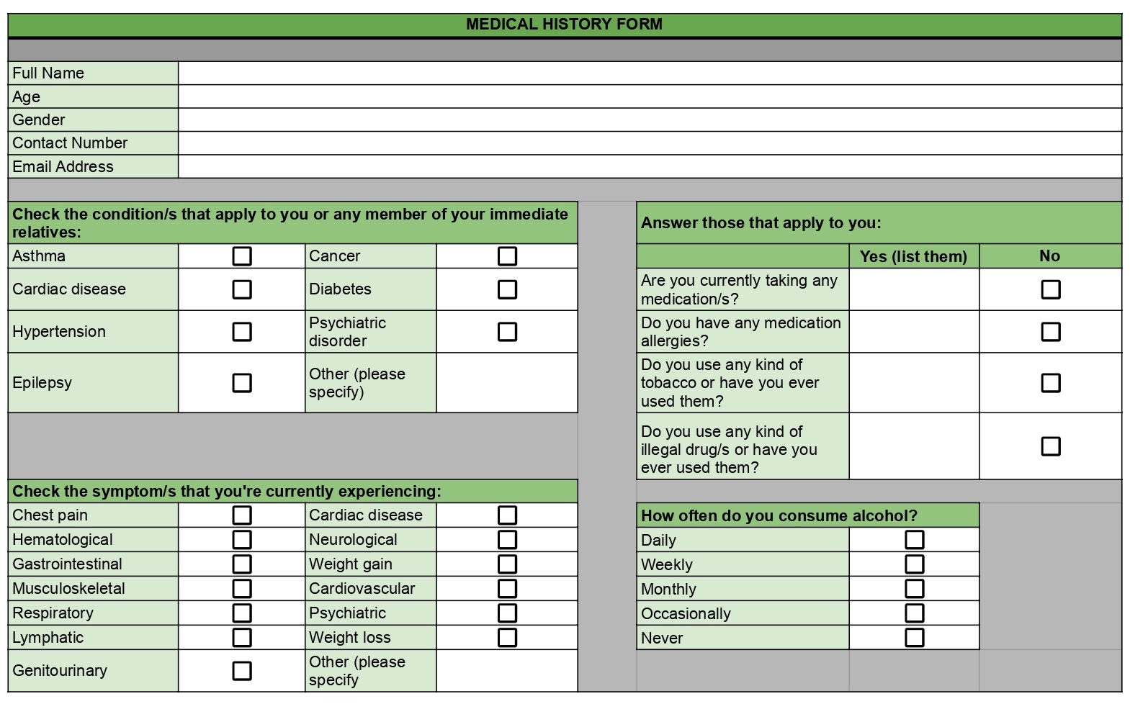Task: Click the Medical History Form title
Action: point(564,24)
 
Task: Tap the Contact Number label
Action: point(70,143)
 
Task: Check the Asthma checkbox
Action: point(242,256)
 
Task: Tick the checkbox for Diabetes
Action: point(507,289)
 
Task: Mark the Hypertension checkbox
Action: point(242,332)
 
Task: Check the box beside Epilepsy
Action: point(242,382)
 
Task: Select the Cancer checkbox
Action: point(507,256)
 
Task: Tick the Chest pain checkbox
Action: point(242,515)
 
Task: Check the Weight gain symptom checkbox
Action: point(507,564)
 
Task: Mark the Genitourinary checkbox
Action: point(242,671)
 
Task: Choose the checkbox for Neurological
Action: point(507,540)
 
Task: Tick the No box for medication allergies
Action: point(1051,332)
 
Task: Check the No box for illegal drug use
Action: point(1051,446)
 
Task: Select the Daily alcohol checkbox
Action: point(914,540)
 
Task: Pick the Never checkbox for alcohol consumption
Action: point(914,638)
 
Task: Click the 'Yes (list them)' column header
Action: point(913,256)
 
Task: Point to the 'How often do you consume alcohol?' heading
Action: point(779,515)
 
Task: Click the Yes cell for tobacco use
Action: point(913,382)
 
